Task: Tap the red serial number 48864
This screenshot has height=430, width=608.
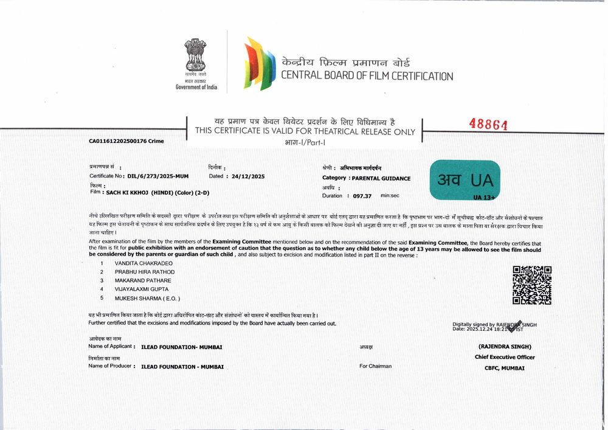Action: [488, 124]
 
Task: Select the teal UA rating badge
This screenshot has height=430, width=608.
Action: [465, 180]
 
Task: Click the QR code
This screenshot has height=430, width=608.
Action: [532, 285]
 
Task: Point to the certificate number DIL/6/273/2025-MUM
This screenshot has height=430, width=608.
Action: [158, 176]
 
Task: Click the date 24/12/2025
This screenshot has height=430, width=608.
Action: [248, 176]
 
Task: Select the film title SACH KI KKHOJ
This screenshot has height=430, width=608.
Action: [128, 192]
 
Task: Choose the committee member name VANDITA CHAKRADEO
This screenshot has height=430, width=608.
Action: [143, 263]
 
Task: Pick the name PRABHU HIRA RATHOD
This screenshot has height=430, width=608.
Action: [145, 272]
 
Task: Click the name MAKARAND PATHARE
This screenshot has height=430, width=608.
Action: [143, 280]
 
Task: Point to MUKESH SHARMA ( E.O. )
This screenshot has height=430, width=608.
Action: [147, 299]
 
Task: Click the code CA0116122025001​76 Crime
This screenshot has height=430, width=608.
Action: [126, 141]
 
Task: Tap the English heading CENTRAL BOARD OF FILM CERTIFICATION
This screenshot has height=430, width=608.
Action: [367, 76]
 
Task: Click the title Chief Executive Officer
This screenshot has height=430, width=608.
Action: [505, 357]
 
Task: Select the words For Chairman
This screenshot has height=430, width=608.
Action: [375, 366]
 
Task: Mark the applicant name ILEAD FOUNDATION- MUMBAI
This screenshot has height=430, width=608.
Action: [181, 347]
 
